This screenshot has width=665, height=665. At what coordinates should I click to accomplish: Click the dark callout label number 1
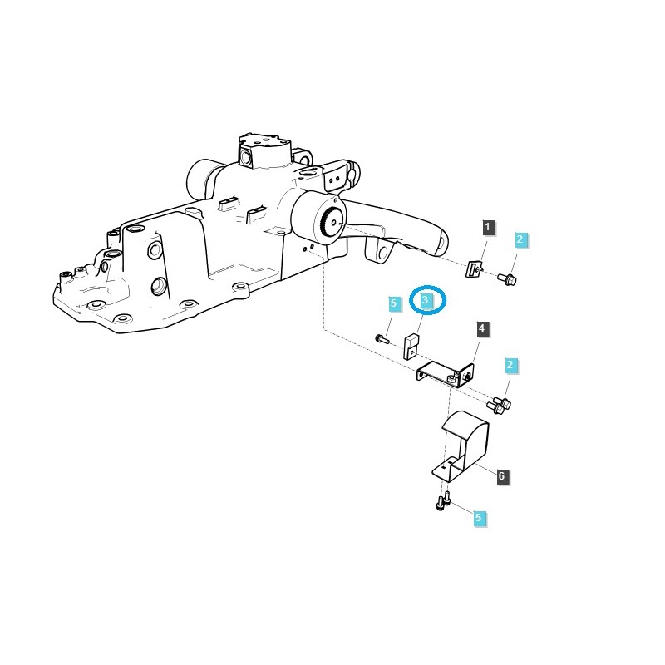tap(488, 227)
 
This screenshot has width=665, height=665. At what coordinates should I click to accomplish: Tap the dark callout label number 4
tap(482, 329)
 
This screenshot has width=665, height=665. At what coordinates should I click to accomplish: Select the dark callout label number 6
tap(501, 476)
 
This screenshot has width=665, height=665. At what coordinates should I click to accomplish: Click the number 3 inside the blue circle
tap(426, 299)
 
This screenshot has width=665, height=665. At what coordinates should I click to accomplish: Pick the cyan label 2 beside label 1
tap(520, 240)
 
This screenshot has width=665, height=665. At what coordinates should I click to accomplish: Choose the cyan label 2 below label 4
tap(510, 366)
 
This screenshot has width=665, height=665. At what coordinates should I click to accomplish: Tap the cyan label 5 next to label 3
tap(394, 304)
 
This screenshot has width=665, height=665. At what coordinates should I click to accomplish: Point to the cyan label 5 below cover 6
tap(478, 518)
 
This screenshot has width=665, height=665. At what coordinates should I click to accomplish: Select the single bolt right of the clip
tap(507, 278)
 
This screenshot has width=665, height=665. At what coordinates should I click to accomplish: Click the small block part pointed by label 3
tap(411, 346)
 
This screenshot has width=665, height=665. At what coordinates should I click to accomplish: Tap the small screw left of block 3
tap(382, 338)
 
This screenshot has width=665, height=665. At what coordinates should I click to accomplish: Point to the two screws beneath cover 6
tap(444, 501)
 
